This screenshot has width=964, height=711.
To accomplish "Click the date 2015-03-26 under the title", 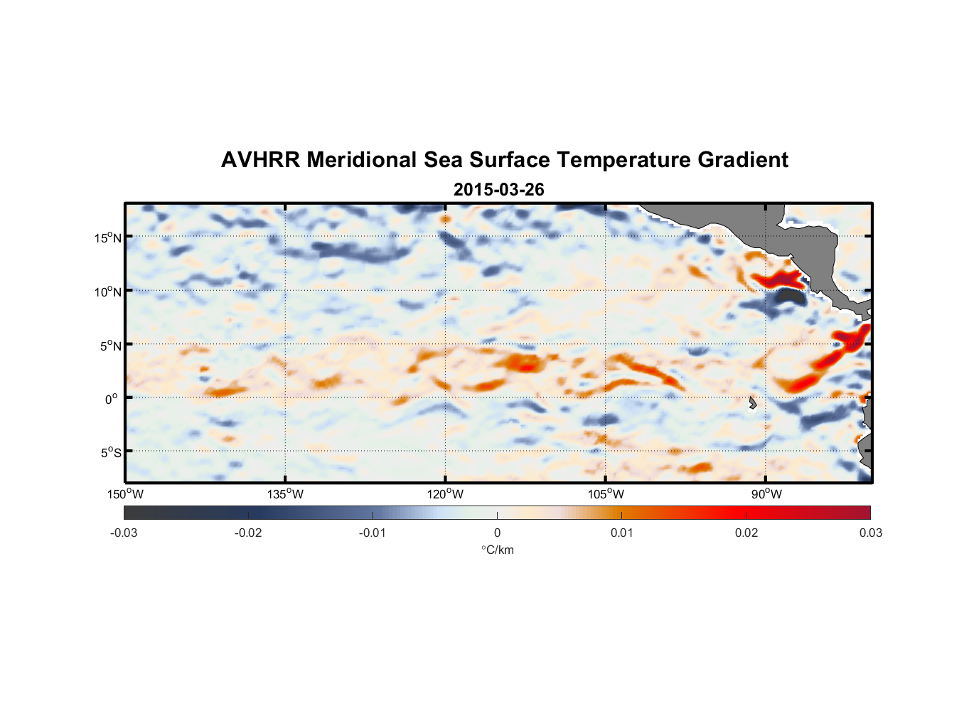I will [498, 190].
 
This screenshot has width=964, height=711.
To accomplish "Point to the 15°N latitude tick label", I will [108, 237].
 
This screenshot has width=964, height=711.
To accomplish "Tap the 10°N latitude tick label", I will [108, 292].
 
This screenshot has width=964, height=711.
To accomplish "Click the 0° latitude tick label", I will [111, 399].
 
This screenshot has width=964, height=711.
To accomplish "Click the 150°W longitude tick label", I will [126, 494].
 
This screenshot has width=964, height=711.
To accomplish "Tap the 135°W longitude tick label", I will [286, 494].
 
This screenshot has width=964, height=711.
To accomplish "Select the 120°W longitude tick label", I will [446, 494].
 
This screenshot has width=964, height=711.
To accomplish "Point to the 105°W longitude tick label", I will [606, 494].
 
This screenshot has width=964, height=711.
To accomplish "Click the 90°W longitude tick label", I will [766, 494].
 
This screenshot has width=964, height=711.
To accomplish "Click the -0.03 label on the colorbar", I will [124, 533].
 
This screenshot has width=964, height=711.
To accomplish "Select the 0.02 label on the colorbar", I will [746, 533].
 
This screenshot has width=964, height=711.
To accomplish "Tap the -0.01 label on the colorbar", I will [373, 533].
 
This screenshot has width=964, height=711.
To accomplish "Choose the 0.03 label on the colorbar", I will [870, 533].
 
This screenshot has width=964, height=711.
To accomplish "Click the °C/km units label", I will [497, 550].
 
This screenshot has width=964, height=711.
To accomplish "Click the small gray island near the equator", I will [752, 403].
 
